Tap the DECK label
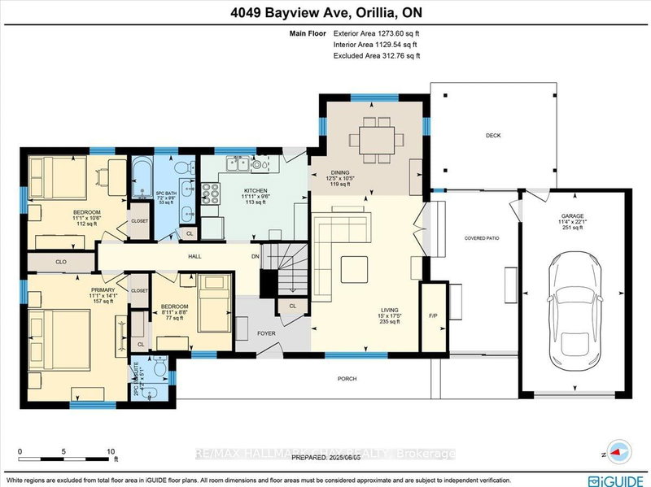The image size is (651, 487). [492, 136]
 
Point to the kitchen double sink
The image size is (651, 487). [239, 165]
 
